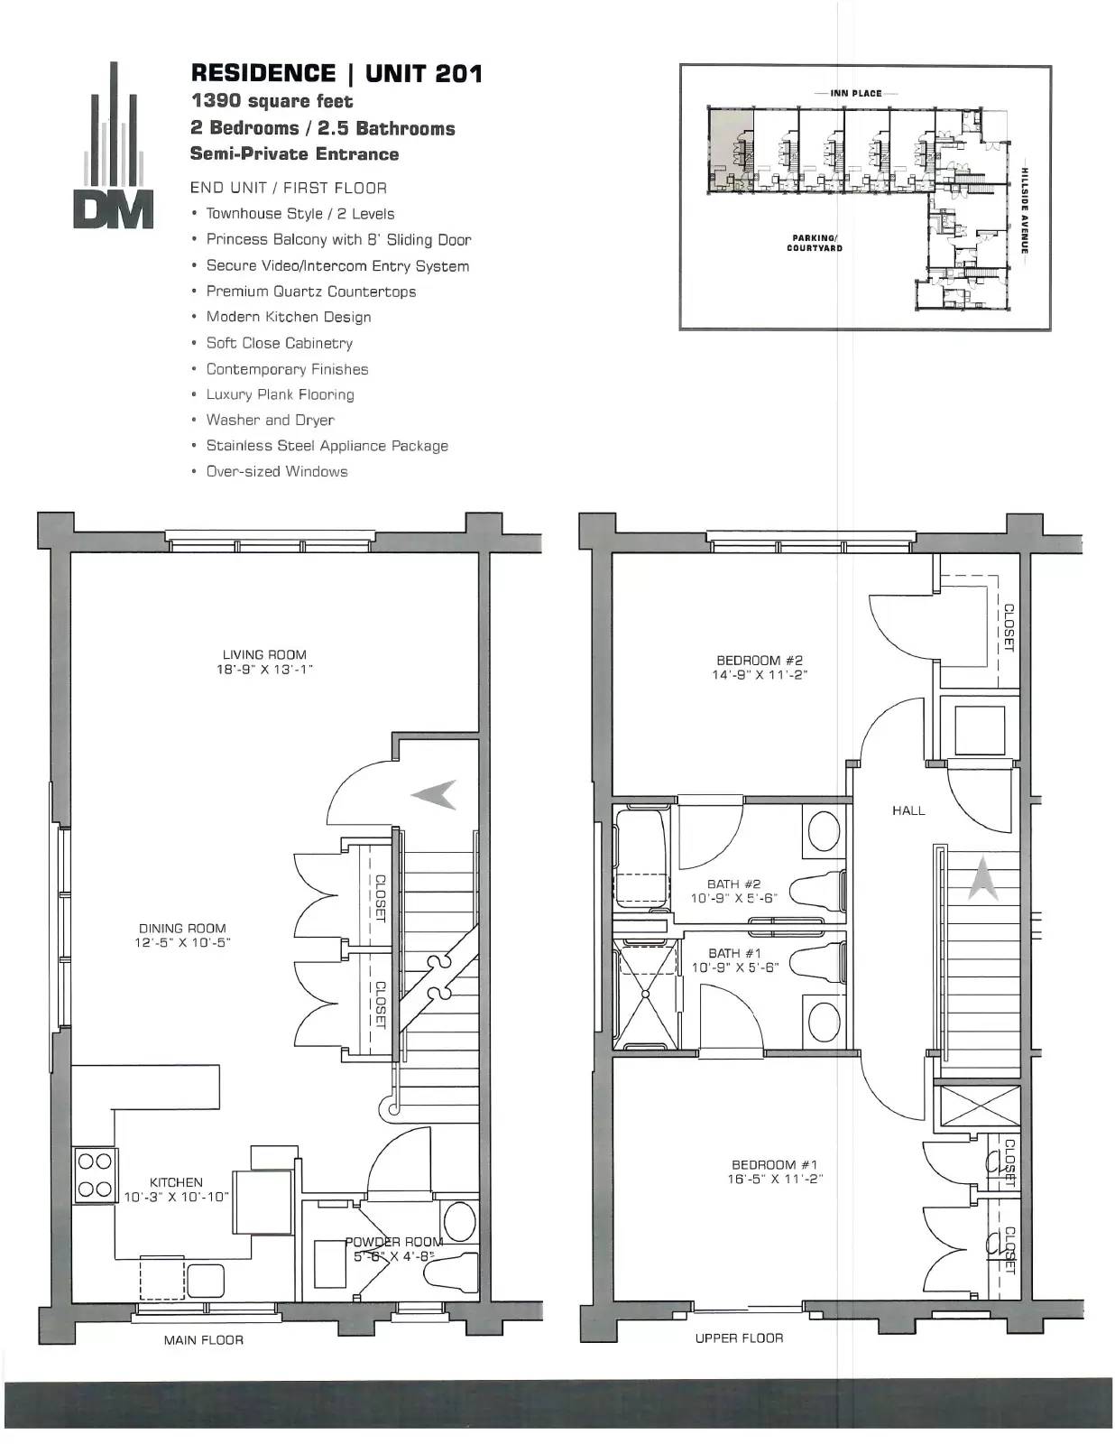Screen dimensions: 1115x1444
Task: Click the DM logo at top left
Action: click(114, 145)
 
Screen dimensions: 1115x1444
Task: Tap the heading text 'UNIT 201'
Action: click(424, 73)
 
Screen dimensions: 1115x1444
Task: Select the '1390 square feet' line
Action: click(272, 101)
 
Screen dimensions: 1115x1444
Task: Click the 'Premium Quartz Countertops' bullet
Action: click(311, 292)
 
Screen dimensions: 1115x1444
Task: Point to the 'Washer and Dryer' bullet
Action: click(271, 420)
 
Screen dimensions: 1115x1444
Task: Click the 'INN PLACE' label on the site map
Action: click(856, 93)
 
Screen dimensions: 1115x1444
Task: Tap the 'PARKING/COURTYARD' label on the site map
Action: click(815, 243)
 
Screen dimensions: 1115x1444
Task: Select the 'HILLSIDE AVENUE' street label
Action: click(1025, 209)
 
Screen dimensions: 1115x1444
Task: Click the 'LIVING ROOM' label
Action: click(264, 654)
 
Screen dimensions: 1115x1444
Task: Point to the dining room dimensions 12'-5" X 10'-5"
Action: click(182, 942)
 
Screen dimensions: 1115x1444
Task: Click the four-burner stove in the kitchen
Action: click(95, 1176)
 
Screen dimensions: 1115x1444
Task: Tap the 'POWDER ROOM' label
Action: click(394, 1241)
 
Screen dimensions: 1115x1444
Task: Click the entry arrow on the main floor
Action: click(434, 795)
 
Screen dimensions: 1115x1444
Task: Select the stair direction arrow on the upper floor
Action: click(983, 878)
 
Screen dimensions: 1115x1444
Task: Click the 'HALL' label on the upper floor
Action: click(908, 810)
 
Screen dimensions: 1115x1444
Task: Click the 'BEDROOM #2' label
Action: click(760, 660)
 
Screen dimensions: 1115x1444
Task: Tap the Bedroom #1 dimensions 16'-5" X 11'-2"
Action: click(775, 1180)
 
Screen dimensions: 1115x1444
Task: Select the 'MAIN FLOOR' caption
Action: click(204, 1340)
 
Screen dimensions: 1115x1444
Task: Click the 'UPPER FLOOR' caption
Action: click(739, 1338)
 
